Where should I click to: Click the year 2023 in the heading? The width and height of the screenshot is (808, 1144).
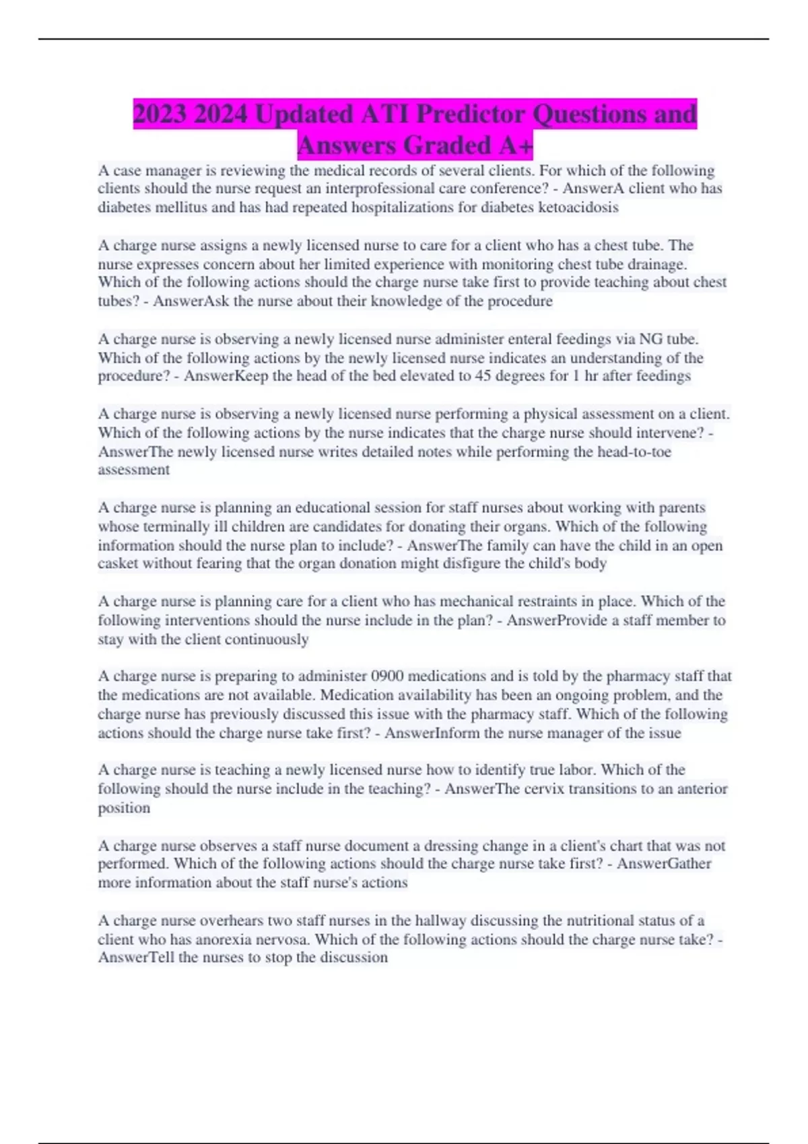[x=160, y=114]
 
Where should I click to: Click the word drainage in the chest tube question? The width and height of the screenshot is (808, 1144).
[x=652, y=264]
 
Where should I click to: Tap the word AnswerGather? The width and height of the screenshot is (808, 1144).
[x=664, y=863]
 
